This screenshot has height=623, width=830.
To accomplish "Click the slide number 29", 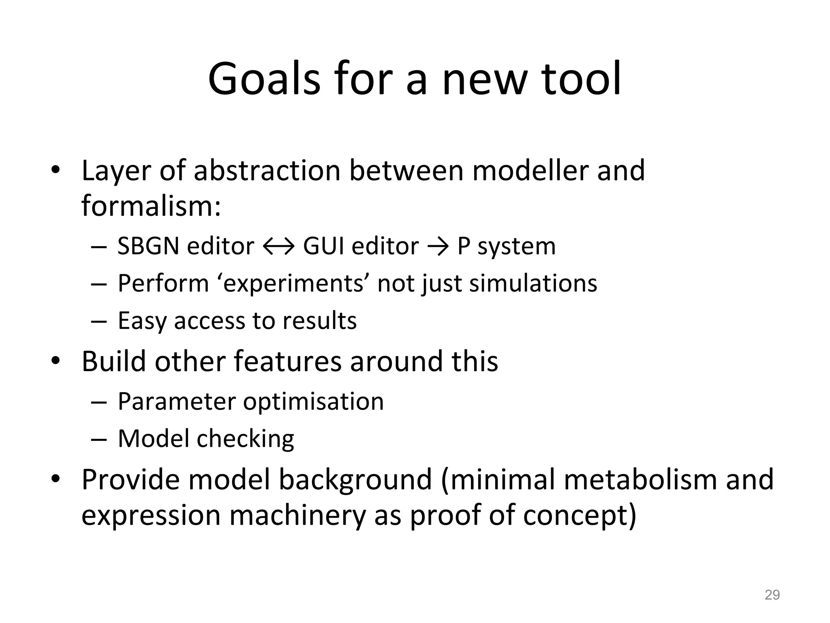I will point(772,595).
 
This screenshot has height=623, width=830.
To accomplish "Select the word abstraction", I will point(267,170).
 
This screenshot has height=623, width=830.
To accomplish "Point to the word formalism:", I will point(151,206).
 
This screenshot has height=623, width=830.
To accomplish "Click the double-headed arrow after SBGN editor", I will point(278,247).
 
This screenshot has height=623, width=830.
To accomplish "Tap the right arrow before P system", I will point(438,247).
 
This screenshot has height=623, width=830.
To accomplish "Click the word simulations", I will point(533,283).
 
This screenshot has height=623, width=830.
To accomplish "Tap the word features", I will point(288,361).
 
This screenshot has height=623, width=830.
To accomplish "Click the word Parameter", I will point(177,402).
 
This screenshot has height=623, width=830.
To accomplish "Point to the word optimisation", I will point(313,402).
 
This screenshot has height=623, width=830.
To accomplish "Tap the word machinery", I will point(298,515).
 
